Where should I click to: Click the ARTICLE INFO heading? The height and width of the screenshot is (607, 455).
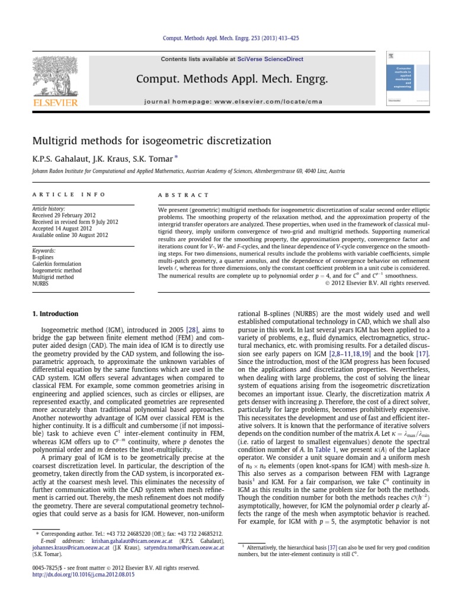pyautogui.click(x=69, y=194)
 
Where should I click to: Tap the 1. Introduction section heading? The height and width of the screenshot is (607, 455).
pyautogui.click(x=55, y=314)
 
